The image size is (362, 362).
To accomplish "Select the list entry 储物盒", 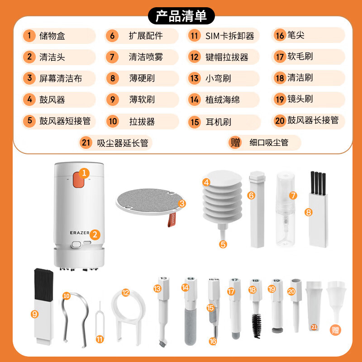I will pyautogui.click(x=52, y=36).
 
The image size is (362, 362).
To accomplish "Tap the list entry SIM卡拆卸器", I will pyautogui.click(x=229, y=36).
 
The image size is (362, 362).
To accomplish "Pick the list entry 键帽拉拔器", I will pyautogui.click(x=227, y=57).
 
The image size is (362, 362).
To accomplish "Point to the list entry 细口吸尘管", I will pyautogui.click(x=268, y=143).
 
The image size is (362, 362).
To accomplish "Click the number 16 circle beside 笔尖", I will pyautogui.click(x=280, y=36).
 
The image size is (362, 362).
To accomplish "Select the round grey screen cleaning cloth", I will pyautogui.click(x=145, y=199).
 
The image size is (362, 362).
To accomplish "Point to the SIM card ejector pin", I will pyautogui.click(x=100, y=317).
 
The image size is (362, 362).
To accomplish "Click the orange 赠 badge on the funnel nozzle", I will pyautogui.click(x=335, y=330).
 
